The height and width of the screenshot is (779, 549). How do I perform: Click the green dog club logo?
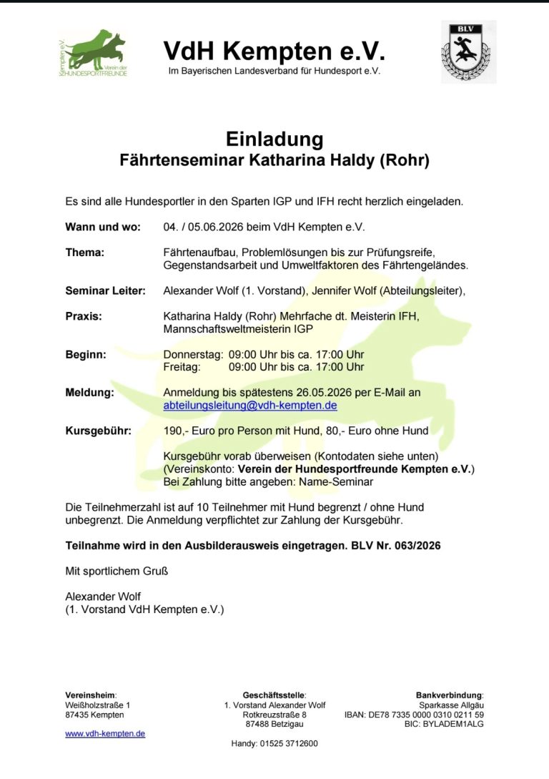pyautogui.click(x=93, y=53)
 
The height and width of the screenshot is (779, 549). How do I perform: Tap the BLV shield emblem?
pyautogui.click(x=468, y=52)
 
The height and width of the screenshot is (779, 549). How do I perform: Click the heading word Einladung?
pyautogui.click(x=274, y=139)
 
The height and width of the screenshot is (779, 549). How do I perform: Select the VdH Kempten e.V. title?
pyautogui.click(x=274, y=51)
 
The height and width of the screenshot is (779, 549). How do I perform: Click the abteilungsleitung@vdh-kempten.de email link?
pyautogui.click(x=250, y=405)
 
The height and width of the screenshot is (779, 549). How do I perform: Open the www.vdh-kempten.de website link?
pyautogui.click(x=105, y=733)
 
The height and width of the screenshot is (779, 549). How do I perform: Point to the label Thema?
pyautogui.click(x=85, y=253)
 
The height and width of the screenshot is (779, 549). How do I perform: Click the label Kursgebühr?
pyautogui.click(x=98, y=431)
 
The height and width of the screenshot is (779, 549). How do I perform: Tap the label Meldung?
pyautogui.click(x=89, y=393)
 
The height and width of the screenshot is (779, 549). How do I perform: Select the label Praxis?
pyautogui.click(x=84, y=316)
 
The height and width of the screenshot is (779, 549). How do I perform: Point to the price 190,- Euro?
pyautogui.click(x=189, y=431)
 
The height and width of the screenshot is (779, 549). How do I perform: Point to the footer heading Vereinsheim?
pyautogui.click(x=90, y=695)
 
